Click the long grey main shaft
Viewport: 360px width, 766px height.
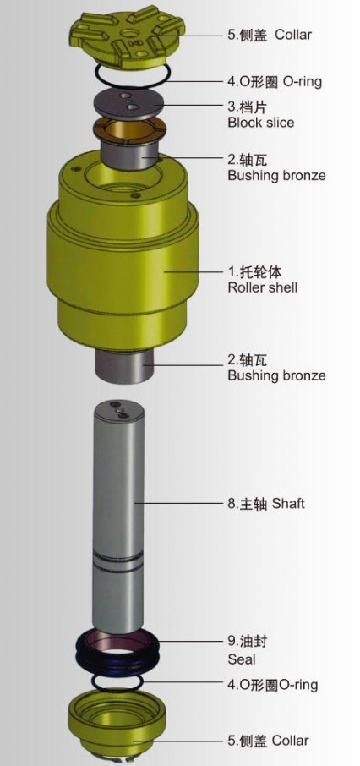(x=117, y=513)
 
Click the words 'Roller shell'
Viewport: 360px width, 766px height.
(x=262, y=287)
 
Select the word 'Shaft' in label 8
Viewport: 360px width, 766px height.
(x=286, y=503)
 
